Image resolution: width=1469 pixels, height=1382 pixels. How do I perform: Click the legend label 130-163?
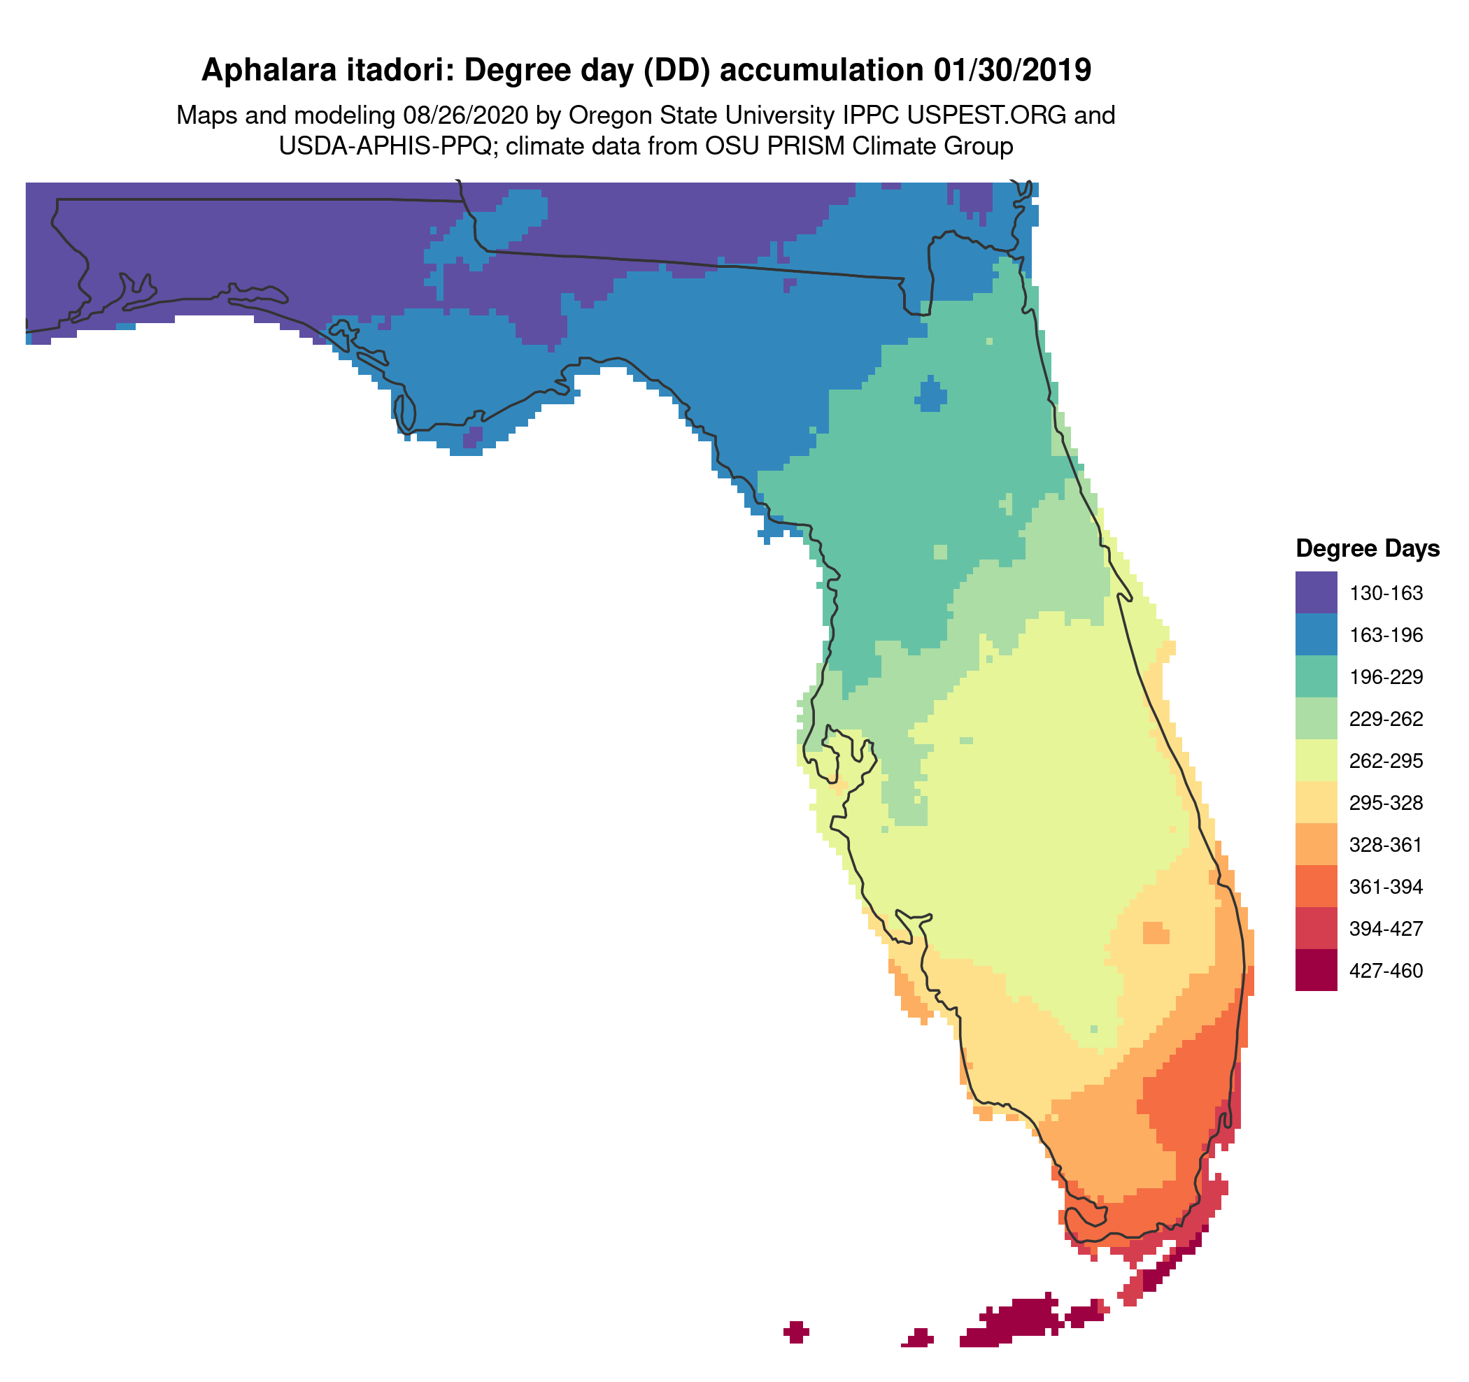tap(1386, 593)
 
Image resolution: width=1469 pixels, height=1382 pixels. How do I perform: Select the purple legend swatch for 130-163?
tap(1315, 592)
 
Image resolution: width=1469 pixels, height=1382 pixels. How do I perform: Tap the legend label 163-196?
tap(1386, 635)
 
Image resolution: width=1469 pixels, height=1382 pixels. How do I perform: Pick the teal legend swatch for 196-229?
tap(1315, 676)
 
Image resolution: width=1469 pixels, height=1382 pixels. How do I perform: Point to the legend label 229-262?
tap(1386, 719)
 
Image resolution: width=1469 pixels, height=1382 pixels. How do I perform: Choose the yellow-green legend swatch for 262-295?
tap(1315, 760)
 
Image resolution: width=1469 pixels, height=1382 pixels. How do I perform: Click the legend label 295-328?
tap(1386, 803)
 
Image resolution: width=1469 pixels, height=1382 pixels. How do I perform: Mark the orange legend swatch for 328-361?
tap(1315, 844)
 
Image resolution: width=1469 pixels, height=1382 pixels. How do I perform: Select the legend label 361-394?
tap(1386, 886)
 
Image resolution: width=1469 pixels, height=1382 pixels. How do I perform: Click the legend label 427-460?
tap(1386, 971)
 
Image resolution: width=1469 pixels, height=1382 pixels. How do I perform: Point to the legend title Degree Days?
tap(1367, 549)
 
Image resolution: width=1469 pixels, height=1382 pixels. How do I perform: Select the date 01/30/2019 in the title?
tap(1012, 70)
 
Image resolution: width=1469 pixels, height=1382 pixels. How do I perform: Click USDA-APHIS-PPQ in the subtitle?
tap(384, 146)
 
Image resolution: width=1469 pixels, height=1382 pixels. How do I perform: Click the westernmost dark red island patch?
tap(796, 1332)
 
